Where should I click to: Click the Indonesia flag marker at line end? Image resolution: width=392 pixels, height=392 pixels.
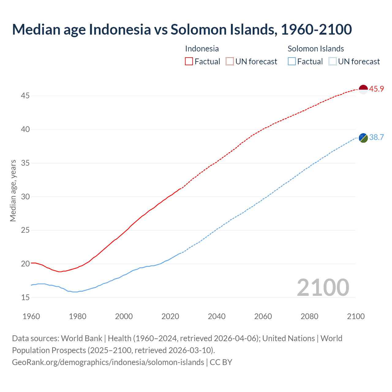(x=363, y=89)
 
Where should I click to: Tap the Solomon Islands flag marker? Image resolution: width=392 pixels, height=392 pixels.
(x=363, y=138)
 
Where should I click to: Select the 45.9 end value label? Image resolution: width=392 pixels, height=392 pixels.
(x=376, y=89)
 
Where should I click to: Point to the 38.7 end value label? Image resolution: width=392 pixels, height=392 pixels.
(x=376, y=137)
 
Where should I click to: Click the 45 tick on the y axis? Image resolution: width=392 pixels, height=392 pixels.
(x=25, y=96)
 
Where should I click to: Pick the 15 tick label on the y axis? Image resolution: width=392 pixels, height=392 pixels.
(x=25, y=297)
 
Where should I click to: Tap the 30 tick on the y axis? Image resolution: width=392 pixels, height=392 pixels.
(x=25, y=197)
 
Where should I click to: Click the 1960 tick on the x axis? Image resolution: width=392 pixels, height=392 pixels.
(x=31, y=316)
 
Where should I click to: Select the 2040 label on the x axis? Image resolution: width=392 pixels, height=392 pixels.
(x=217, y=316)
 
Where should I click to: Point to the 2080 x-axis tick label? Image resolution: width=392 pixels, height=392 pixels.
(x=309, y=316)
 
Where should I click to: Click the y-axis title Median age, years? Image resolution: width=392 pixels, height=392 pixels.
(x=13, y=190)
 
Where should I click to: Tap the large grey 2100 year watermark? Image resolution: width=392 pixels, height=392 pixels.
(x=323, y=287)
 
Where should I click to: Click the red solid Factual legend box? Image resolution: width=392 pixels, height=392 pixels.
(x=189, y=62)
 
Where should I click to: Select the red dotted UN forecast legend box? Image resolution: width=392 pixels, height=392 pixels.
(x=230, y=62)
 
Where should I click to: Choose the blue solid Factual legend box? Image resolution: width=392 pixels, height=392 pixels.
(x=292, y=62)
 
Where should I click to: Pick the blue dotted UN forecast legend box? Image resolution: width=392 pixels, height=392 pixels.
(x=332, y=62)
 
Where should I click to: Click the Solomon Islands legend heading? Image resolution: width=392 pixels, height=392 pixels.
(x=316, y=49)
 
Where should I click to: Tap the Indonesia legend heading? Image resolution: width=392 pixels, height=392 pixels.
(x=202, y=49)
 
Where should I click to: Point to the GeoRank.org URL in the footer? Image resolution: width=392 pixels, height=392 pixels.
(x=108, y=362)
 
